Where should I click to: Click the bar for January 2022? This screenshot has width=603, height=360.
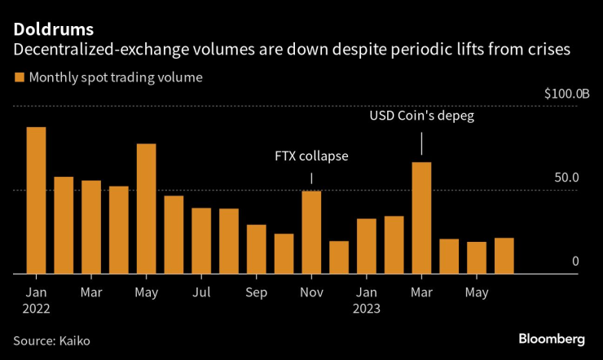click(36, 200)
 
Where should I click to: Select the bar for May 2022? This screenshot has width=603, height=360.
click(147, 209)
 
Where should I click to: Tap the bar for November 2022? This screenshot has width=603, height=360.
click(311, 232)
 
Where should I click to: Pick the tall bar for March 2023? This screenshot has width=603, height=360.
click(421, 217)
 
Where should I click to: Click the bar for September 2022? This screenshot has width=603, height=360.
click(257, 249)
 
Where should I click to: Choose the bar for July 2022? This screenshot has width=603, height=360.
click(201, 241)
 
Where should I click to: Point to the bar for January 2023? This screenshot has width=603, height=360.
click(367, 246)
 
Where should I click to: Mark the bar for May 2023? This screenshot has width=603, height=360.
click(477, 257)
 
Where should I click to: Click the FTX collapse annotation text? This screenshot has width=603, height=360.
click(311, 156)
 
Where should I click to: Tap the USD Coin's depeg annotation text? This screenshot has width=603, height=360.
click(421, 116)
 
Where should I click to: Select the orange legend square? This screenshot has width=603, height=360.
click(18, 78)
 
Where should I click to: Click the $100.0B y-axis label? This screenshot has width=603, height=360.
click(566, 94)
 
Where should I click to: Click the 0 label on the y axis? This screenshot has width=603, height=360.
click(574, 261)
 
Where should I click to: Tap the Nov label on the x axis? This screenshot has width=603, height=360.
click(311, 292)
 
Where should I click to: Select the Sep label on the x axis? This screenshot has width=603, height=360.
click(257, 292)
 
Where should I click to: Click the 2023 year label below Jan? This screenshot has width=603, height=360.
click(367, 309)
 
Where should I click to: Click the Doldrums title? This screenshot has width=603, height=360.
click(52, 29)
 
